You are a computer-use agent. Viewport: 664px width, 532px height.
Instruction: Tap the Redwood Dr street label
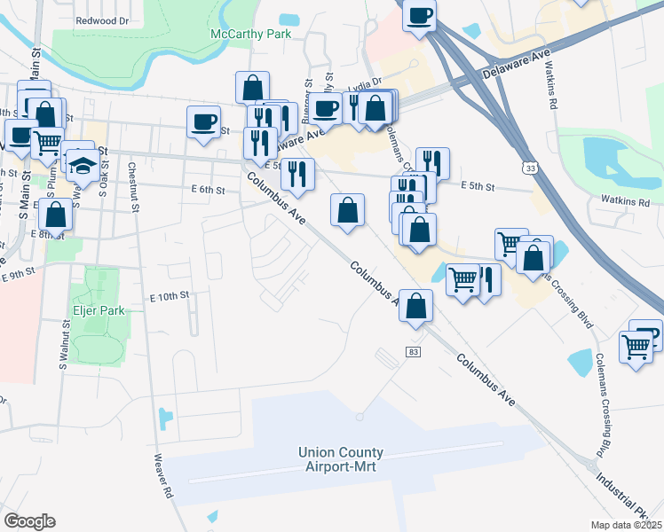102,20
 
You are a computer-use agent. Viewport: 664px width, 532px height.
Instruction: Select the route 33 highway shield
530,168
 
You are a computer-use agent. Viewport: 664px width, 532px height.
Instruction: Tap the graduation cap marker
82,165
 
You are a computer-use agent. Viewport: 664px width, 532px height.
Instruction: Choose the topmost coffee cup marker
419,14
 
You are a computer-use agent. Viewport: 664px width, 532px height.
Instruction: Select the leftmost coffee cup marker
203,121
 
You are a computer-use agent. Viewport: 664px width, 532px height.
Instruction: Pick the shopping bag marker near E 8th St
55,215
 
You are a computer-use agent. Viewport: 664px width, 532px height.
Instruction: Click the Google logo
29,521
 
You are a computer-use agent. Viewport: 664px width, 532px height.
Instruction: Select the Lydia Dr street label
365,84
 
